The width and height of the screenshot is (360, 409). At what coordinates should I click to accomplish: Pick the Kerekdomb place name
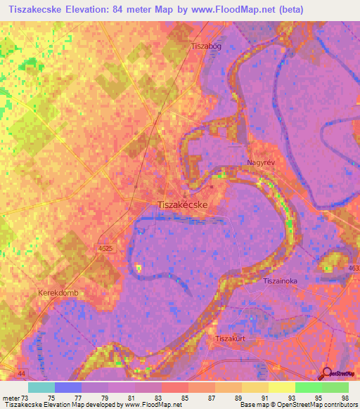pos(58,290)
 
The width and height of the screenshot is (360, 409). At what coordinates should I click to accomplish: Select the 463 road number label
pos(353,269)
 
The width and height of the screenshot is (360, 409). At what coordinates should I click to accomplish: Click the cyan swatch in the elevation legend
pos(41,387)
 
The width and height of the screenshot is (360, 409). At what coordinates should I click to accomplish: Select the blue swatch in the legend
pos(68,387)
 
